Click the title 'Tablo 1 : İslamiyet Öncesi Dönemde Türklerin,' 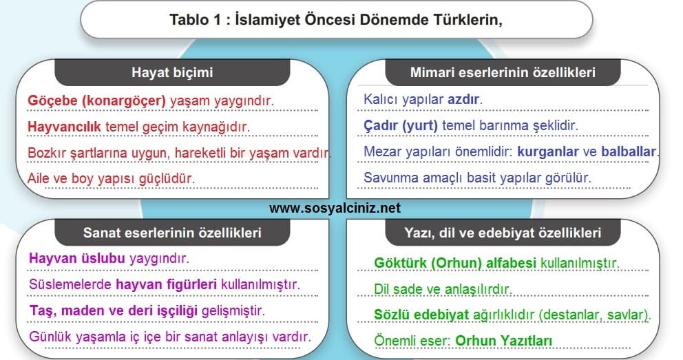coord(336,20)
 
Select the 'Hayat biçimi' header coord(173,72)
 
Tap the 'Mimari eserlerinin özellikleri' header coord(503,72)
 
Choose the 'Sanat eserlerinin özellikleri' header coord(173,233)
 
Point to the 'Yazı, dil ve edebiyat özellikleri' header coord(503,233)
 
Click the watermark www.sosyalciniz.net coord(335,208)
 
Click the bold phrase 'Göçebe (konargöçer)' coord(96,101)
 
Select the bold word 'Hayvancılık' coord(64,127)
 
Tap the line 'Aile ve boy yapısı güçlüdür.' coord(111,178)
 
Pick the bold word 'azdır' coord(463,99)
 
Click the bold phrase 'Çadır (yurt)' coord(401,126)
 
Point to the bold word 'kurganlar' coord(548,151)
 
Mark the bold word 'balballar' coord(629,151)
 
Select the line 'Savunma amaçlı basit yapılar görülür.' coord(477,178)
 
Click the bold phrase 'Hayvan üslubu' coord(77,258)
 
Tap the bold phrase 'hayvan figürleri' coord(166,284)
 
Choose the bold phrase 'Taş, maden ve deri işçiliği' coord(113,311)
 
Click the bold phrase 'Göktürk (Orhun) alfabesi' coord(455,263)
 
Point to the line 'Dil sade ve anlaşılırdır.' coord(443,289)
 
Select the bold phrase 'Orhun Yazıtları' coord(503,341)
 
